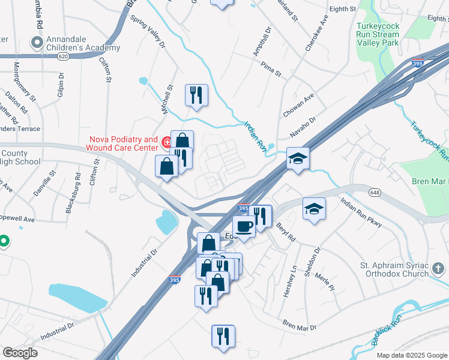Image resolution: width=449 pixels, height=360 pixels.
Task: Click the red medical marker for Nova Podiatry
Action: (167, 142)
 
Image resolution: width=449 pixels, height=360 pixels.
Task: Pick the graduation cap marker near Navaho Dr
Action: (298, 158)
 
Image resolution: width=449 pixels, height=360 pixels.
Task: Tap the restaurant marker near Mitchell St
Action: (196, 95)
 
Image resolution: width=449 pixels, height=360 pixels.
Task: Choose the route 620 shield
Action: (47, 56)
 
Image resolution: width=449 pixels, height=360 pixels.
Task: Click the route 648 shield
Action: (374, 191)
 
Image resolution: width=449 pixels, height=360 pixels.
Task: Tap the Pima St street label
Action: (271, 70)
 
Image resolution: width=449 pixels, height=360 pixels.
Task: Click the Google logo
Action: (20, 353)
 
